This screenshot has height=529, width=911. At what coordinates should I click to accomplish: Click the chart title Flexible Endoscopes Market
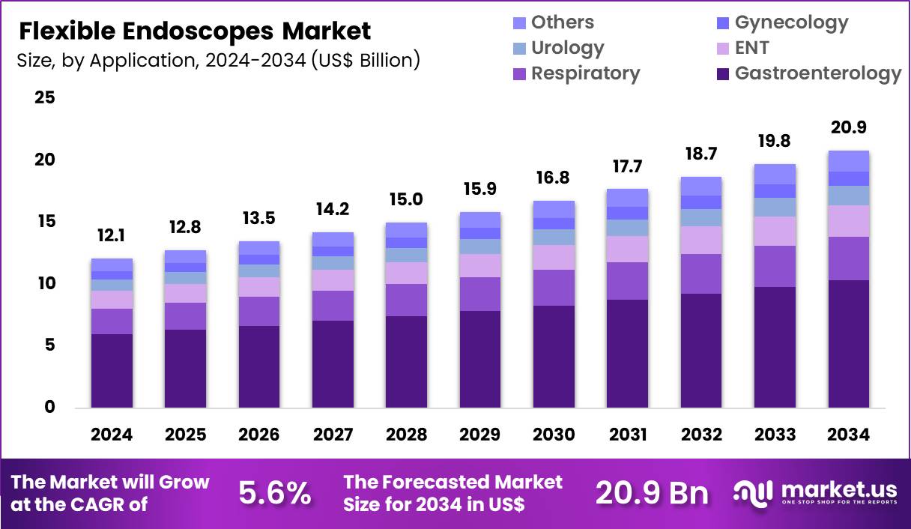click(194, 31)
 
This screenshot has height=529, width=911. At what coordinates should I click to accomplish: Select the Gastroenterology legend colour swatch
click(723, 73)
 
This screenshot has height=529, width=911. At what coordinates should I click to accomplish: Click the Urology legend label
click(567, 48)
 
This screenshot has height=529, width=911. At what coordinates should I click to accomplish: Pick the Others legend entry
click(562, 22)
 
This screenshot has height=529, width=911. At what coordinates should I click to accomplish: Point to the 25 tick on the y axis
click(44, 98)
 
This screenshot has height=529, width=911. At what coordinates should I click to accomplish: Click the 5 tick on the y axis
click(49, 345)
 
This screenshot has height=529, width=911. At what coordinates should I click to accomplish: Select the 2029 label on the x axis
click(480, 435)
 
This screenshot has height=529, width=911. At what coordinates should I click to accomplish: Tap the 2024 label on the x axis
click(112, 435)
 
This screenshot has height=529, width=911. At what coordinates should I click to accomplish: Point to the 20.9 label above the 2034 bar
click(848, 127)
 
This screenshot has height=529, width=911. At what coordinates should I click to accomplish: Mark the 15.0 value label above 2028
click(407, 199)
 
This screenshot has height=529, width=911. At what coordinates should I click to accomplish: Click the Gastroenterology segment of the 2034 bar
click(848, 344)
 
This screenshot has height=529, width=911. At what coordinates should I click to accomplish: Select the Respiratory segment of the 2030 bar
click(554, 288)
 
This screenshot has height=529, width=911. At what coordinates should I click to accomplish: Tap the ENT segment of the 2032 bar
click(700, 240)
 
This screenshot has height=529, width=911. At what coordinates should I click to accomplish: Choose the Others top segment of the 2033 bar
click(775, 174)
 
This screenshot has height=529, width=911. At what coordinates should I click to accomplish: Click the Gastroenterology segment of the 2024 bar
click(112, 371)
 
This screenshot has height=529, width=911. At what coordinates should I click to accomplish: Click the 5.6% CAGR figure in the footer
click(274, 492)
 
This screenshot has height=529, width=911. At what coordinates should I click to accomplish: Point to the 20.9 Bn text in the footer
click(652, 492)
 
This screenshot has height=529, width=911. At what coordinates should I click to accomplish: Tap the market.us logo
click(815, 492)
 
